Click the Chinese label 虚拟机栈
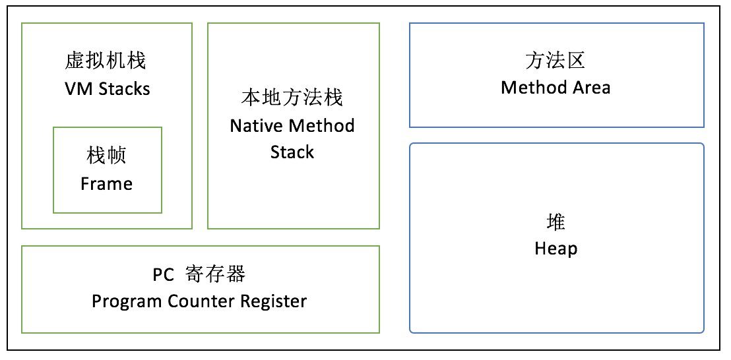point(106,61)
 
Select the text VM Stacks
point(107,89)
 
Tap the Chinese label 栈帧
point(106,156)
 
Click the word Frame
point(106,184)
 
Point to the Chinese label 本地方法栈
point(292,98)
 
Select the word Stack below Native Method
point(292,152)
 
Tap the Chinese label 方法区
point(556,61)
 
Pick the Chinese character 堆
point(556,222)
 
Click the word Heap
point(556,249)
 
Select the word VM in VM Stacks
point(76,89)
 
